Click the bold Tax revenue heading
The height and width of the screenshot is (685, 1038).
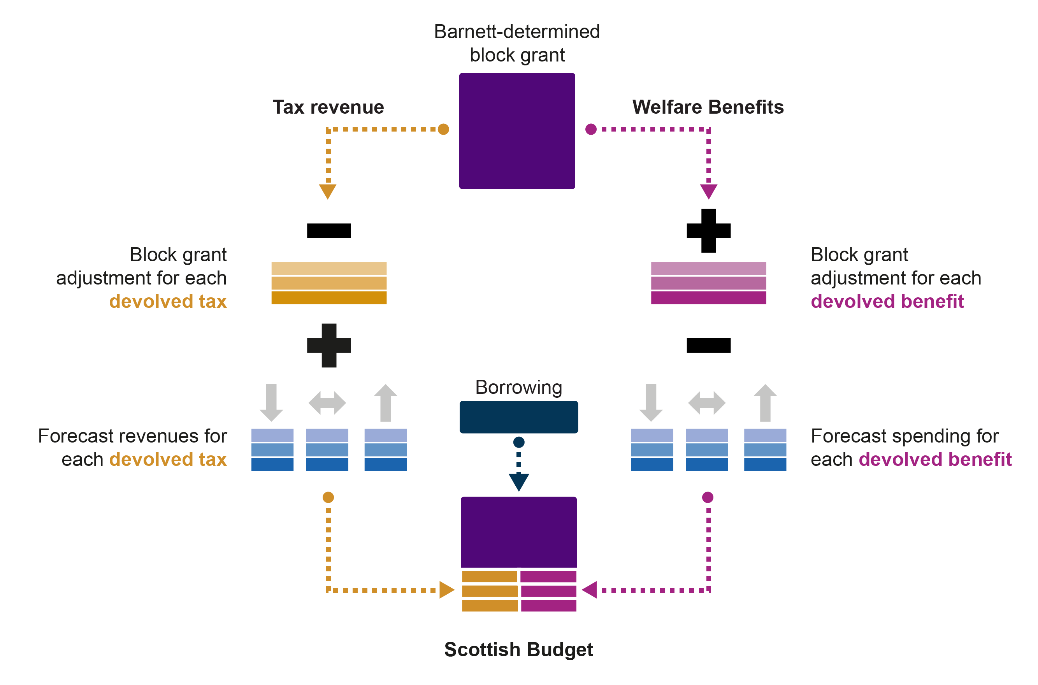pyautogui.click(x=328, y=107)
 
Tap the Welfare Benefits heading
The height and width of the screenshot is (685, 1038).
pyautogui.click(x=708, y=107)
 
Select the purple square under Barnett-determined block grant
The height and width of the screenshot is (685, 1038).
pyautogui.click(x=517, y=131)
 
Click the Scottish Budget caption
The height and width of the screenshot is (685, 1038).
pyautogui.click(x=518, y=650)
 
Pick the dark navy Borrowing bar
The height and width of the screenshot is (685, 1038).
pyautogui.click(x=518, y=417)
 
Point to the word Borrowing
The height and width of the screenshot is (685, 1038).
pyautogui.click(x=518, y=388)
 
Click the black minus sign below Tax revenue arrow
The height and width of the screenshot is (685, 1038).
pyautogui.click(x=329, y=231)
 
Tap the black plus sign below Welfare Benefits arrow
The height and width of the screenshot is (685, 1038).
pyautogui.click(x=708, y=231)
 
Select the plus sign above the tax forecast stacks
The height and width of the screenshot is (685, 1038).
pyautogui.click(x=329, y=346)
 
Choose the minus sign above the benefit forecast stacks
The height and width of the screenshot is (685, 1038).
pyautogui.click(x=708, y=346)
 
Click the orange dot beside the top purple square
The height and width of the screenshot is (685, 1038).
pyautogui.click(x=443, y=129)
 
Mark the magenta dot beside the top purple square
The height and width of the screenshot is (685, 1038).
pyautogui.click(x=591, y=129)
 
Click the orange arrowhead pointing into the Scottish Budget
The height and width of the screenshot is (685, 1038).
pyautogui.click(x=446, y=590)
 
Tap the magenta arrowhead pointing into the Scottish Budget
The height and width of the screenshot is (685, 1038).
pyautogui.click(x=590, y=590)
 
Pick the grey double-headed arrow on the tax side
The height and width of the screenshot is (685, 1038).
pyautogui.click(x=327, y=403)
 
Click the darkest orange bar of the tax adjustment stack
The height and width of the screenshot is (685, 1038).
pyautogui.click(x=329, y=297)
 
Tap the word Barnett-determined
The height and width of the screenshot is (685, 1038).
pyautogui.click(x=517, y=32)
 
